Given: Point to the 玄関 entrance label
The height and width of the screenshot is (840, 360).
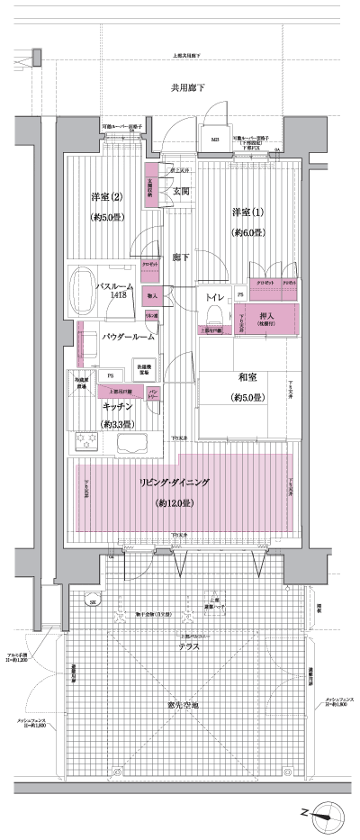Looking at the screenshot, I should [x=180, y=192].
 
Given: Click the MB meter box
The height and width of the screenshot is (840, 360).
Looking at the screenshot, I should [x=215, y=140].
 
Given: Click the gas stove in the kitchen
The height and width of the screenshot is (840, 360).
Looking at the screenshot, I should [x=88, y=442].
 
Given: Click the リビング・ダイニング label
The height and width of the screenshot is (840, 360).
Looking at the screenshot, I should [x=175, y=483].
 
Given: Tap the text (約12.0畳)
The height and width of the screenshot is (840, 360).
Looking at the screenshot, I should [x=175, y=502].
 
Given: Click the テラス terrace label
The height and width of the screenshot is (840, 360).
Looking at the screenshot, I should [x=188, y=646].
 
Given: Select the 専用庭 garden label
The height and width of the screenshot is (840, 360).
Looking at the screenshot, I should [x=188, y=705].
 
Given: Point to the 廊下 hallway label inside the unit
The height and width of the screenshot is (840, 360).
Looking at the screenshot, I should [x=181, y=257].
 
